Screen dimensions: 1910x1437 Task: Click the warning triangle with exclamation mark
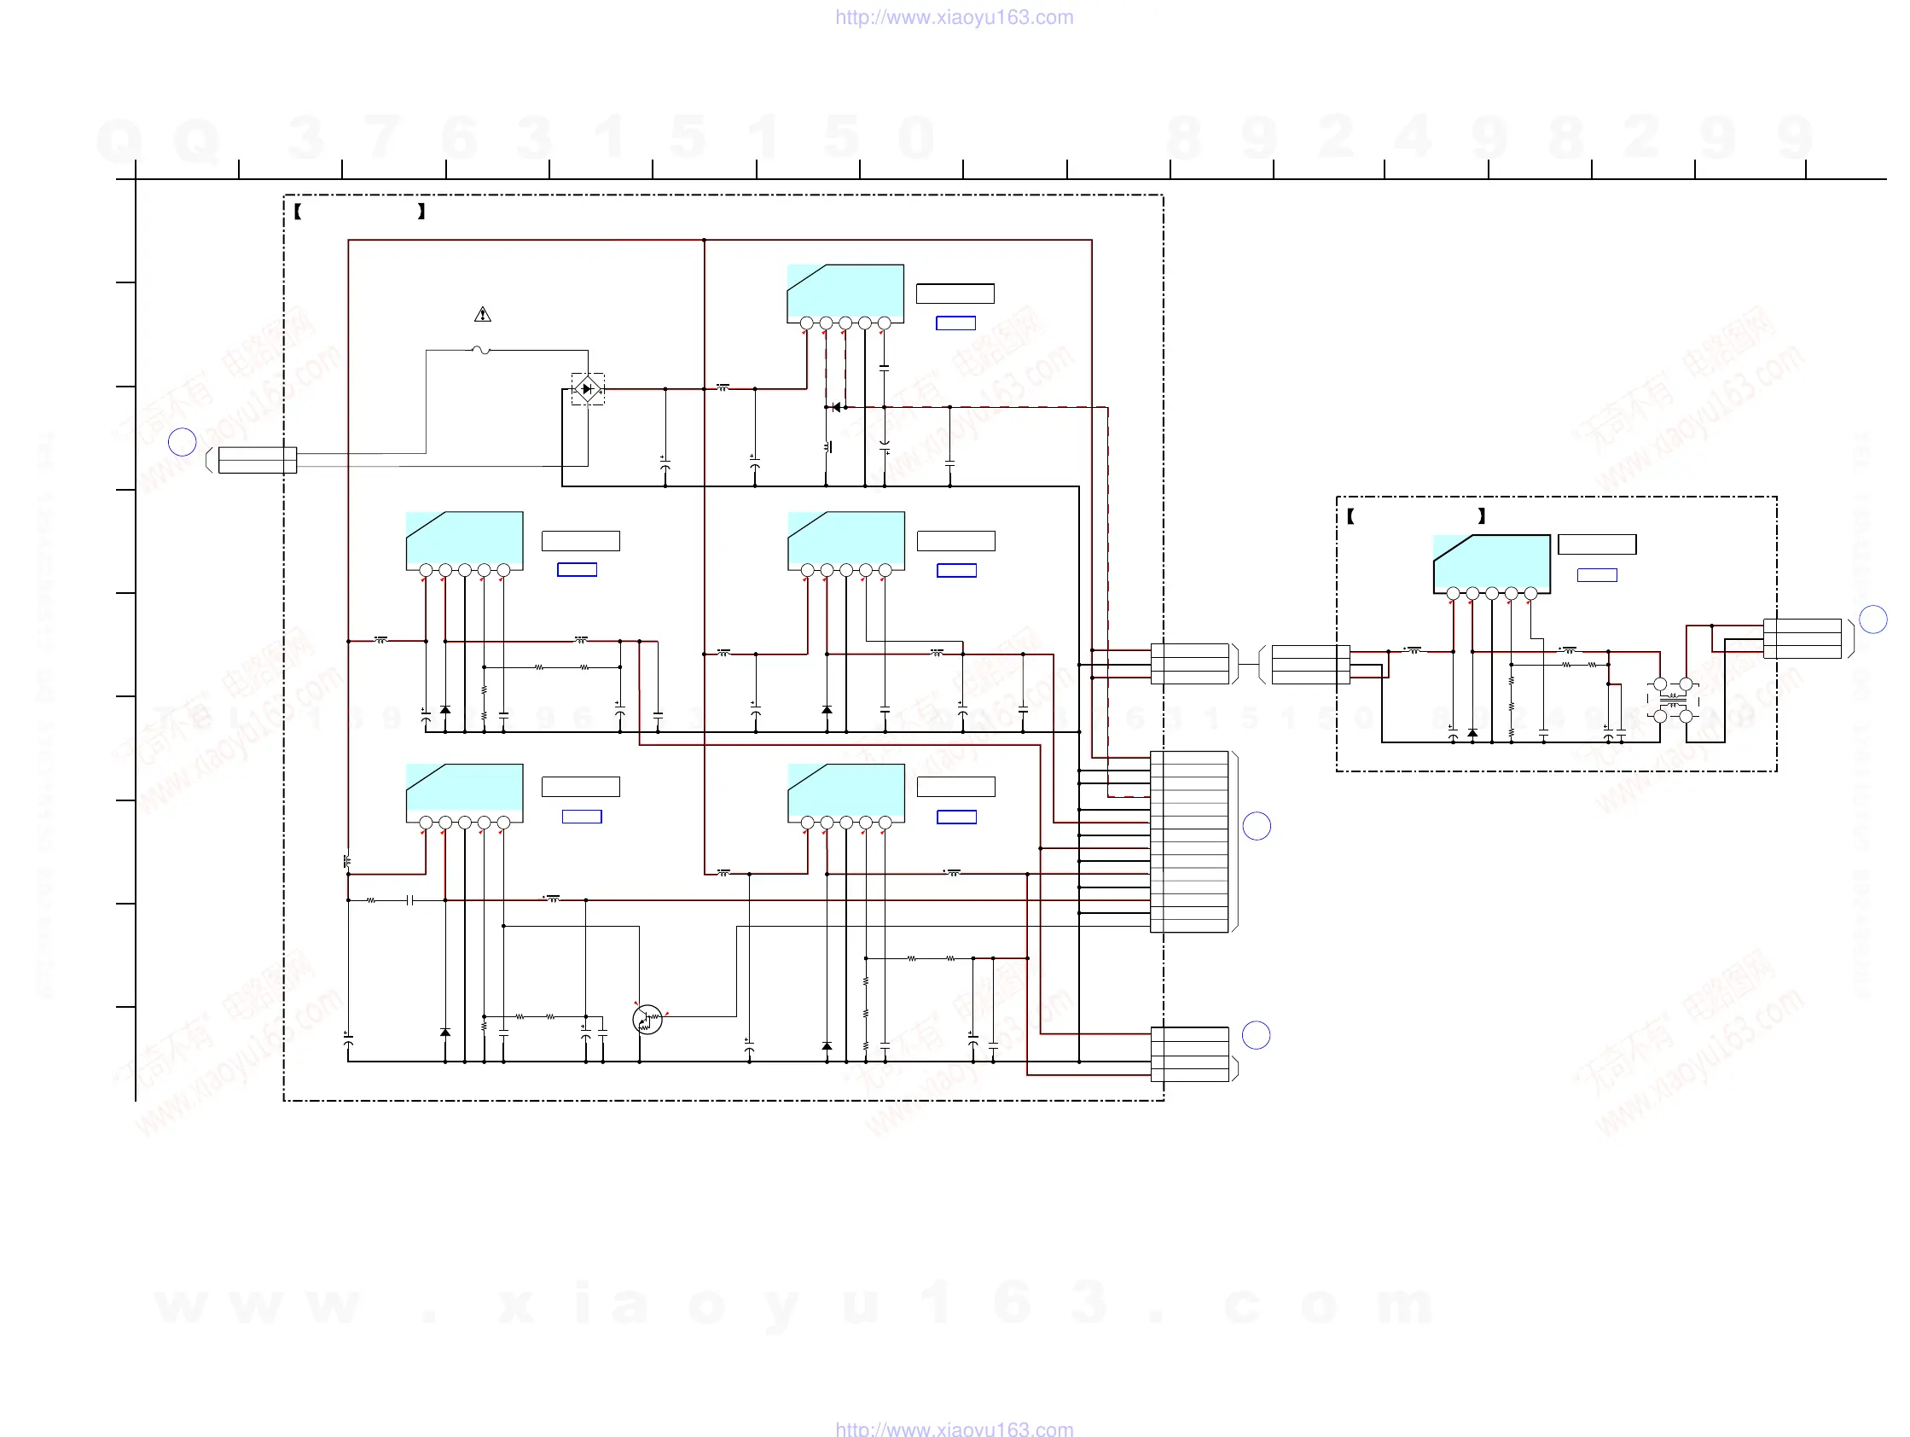tap(483, 315)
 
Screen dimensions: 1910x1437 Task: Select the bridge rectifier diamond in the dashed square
tap(588, 389)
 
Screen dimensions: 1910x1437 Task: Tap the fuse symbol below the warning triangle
tap(482, 351)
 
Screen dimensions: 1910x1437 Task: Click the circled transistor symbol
tap(647, 1020)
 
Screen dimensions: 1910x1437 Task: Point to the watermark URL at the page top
tap(954, 17)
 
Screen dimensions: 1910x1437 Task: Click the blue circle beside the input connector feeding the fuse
tap(183, 442)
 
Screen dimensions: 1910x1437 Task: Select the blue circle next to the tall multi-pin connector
tap(1257, 827)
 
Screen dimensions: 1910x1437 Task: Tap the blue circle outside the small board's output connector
tap(1872, 620)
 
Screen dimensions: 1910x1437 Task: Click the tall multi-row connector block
tap(1189, 842)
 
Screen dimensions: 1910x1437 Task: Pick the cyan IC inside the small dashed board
tap(1491, 563)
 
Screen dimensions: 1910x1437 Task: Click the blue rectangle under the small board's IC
tap(1597, 575)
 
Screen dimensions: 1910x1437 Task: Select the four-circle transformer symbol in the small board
tap(1673, 701)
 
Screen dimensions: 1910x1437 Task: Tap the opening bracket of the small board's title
tap(1350, 516)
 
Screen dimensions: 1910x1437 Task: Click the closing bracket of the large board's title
tap(421, 212)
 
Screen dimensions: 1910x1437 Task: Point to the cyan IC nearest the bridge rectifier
tap(845, 294)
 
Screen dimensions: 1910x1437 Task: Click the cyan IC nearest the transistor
tap(465, 793)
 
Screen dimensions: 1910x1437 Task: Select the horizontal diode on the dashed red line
tap(835, 408)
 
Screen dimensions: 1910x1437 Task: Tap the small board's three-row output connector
tap(1802, 639)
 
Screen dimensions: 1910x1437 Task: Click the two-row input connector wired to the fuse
tap(258, 460)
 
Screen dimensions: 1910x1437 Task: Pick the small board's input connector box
tap(1310, 665)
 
